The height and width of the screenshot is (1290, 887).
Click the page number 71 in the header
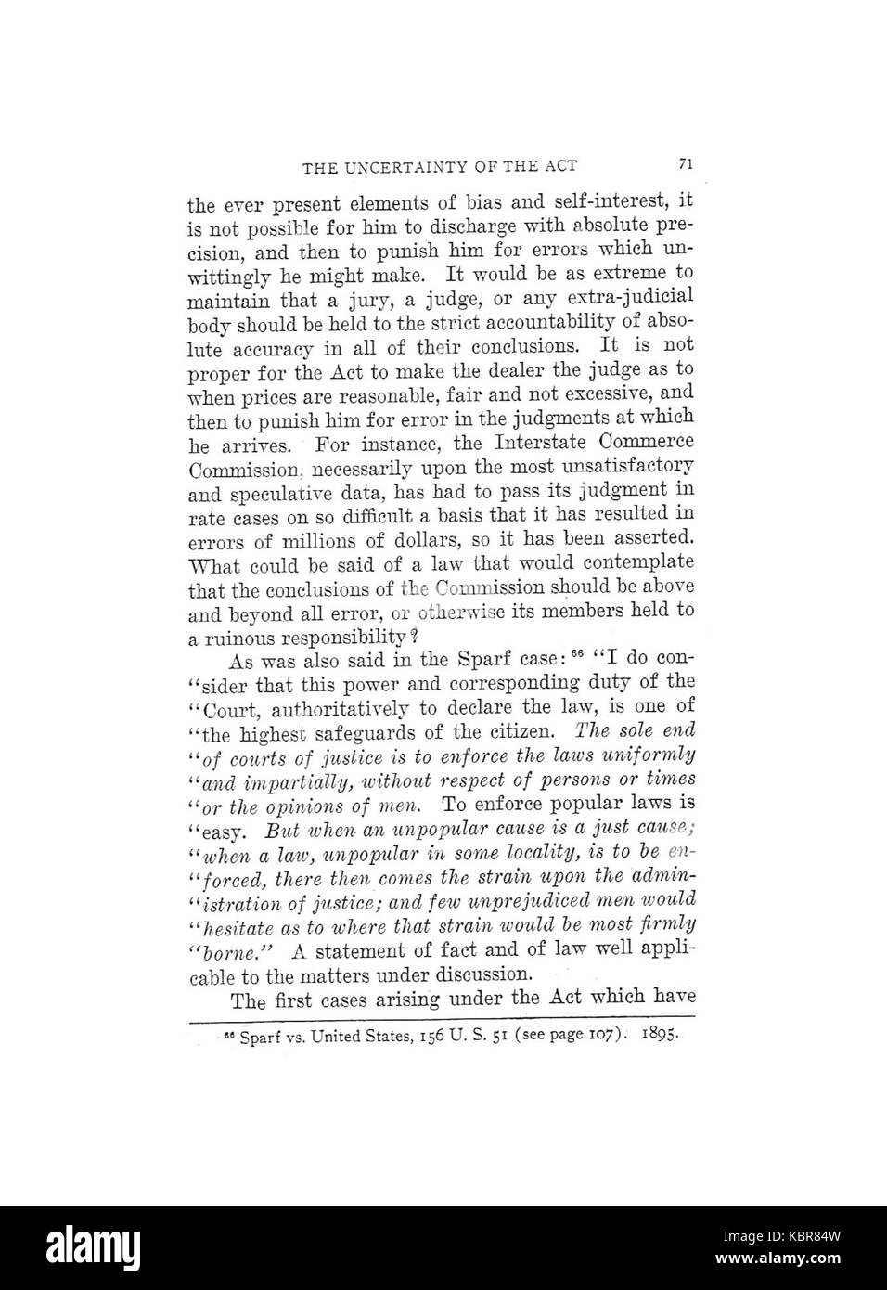[686, 164]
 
